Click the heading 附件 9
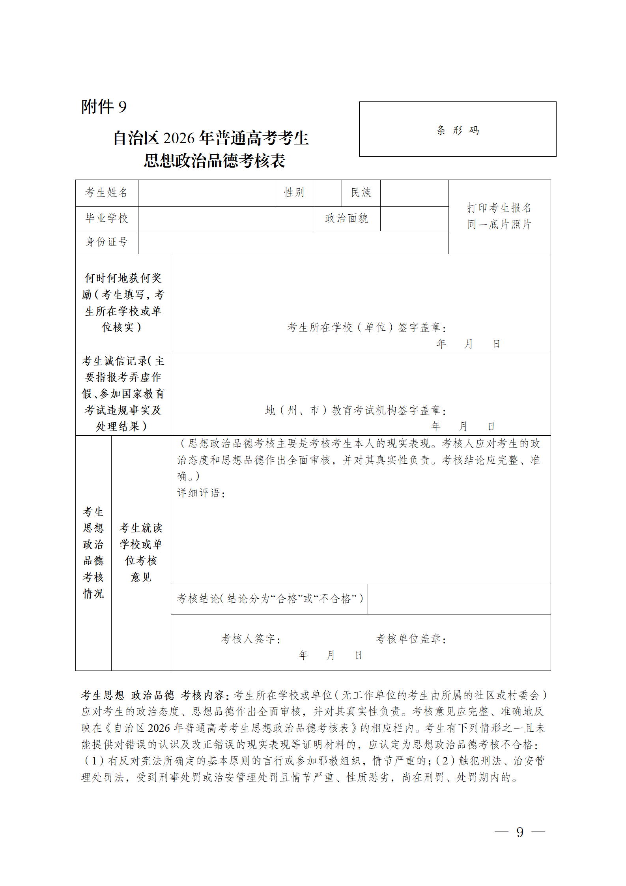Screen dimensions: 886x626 [104, 107]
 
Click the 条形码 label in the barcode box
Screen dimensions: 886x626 [458, 130]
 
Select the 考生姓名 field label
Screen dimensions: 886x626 [107, 193]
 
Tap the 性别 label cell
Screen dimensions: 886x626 [294, 193]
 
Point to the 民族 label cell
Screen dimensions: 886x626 [361, 193]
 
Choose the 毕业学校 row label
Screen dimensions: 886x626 [107, 218]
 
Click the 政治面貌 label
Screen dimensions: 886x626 [346, 218]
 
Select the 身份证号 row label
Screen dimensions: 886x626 [107, 242]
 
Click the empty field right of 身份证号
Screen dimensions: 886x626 [293, 242]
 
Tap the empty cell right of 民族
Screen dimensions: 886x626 [414, 193]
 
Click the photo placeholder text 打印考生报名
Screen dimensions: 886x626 [499, 208]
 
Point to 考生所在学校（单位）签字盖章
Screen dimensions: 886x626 [366, 328]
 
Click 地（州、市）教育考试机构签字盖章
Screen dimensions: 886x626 [355, 410]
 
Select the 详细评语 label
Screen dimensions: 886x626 [201, 493]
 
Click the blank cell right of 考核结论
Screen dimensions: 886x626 [459, 599]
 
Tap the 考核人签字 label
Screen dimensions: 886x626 [251, 639]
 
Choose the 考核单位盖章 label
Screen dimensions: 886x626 [411, 639]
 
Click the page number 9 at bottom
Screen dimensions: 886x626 [520, 832]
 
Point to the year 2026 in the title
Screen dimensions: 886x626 [179, 138]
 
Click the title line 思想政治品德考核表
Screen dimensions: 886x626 [214, 161]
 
